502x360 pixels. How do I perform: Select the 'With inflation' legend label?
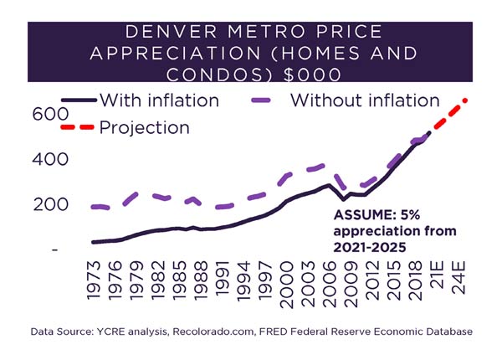click(159, 100)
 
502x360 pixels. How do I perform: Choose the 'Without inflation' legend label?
click(365, 100)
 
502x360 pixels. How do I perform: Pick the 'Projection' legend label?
click(144, 127)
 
